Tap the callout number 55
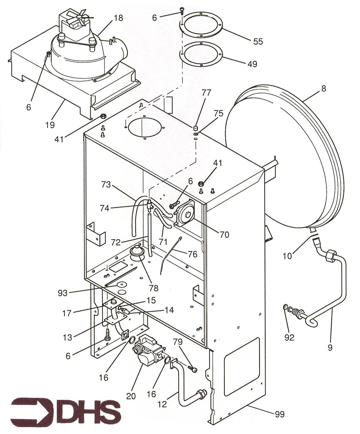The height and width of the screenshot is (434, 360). pyautogui.click(x=258, y=41)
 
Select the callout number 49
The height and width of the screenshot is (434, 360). pyautogui.click(x=252, y=64)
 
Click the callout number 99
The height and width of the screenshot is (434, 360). pyautogui.click(x=280, y=414)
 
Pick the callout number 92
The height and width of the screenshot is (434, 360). pyautogui.click(x=289, y=337)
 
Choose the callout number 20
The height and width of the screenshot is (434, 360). pyautogui.click(x=131, y=396)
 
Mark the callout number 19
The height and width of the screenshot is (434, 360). pyautogui.click(x=50, y=125)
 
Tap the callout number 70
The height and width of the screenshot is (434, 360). pyautogui.click(x=224, y=234)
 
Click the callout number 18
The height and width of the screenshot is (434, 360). pyautogui.click(x=118, y=18)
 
